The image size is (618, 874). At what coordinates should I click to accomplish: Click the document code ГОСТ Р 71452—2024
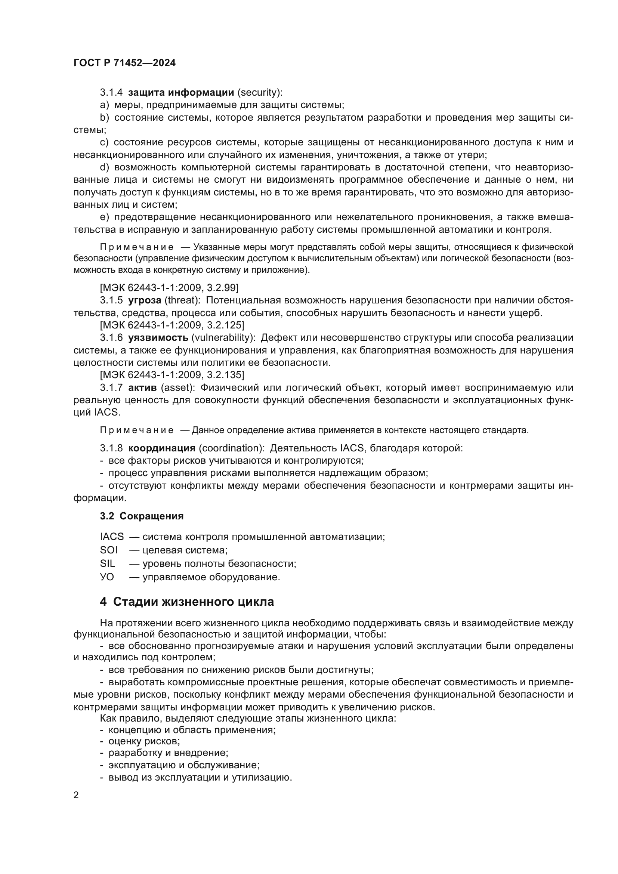tap(124, 63)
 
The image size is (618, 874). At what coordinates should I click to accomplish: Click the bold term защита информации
tap(181, 93)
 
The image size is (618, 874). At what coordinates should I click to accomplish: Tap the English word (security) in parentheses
tap(260, 93)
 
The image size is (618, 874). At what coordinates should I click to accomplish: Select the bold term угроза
tap(145, 300)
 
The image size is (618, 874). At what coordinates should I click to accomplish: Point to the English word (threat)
tap(182, 300)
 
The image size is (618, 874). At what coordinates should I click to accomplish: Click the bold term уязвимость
tap(158, 338)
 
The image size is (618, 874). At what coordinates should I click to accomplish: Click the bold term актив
tap(142, 387)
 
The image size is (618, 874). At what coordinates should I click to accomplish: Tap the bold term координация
tap(162, 448)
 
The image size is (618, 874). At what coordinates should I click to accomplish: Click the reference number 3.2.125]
tap(226, 325)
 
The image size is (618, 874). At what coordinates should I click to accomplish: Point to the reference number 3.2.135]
tap(226, 375)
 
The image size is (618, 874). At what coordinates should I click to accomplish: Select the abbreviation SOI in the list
tap(109, 550)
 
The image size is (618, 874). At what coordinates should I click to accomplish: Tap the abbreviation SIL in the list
tap(108, 563)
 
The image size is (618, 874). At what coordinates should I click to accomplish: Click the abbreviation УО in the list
tap(107, 577)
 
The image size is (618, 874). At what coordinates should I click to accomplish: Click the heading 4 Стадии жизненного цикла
tap(187, 602)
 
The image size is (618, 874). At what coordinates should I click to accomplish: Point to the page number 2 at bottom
tap(76, 795)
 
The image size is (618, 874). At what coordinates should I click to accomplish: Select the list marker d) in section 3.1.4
tap(104, 167)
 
